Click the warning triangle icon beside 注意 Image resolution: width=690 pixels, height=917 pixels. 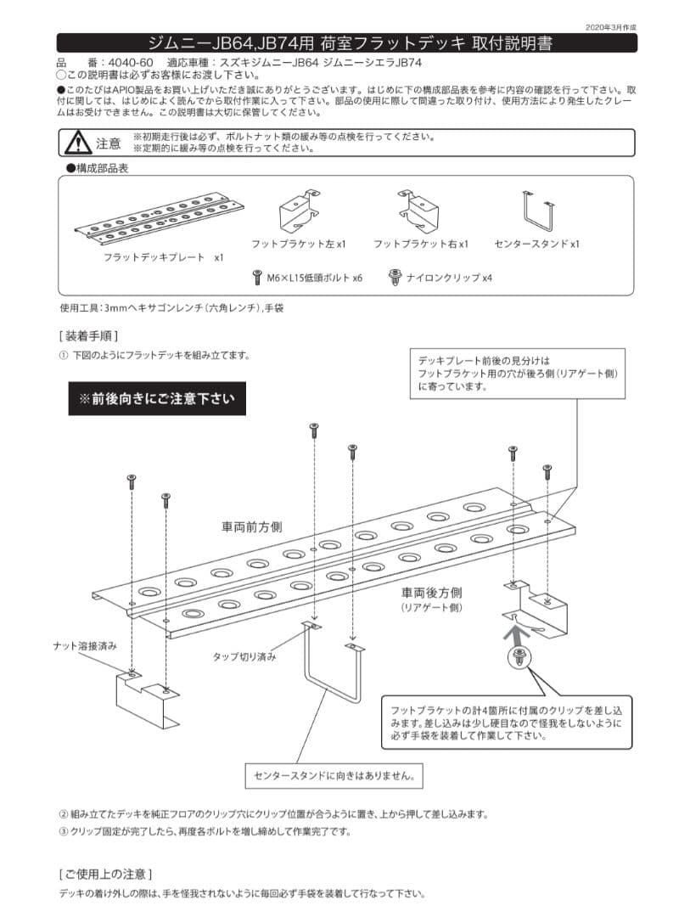(x=77, y=143)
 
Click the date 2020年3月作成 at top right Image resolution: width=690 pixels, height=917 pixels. (x=610, y=27)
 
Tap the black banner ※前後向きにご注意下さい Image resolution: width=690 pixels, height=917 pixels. (x=157, y=397)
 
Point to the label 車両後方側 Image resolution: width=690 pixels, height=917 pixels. (x=432, y=593)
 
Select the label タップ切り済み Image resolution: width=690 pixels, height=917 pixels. (x=244, y=656)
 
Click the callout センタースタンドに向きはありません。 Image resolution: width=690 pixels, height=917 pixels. (x=334, y=774)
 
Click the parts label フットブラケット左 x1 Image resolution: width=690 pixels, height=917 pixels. (x=298, y=244)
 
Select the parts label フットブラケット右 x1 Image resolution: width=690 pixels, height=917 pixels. (x=420, y=244)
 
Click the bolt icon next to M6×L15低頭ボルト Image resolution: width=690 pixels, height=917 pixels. (x=257, y=277)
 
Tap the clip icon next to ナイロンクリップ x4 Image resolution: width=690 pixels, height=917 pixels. (x=395, y=277)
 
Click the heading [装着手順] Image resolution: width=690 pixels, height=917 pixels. (x=88, y=335)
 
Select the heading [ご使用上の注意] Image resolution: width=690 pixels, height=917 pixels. (x=105, y=874)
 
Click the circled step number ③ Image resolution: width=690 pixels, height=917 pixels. (x=63, y=831)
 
